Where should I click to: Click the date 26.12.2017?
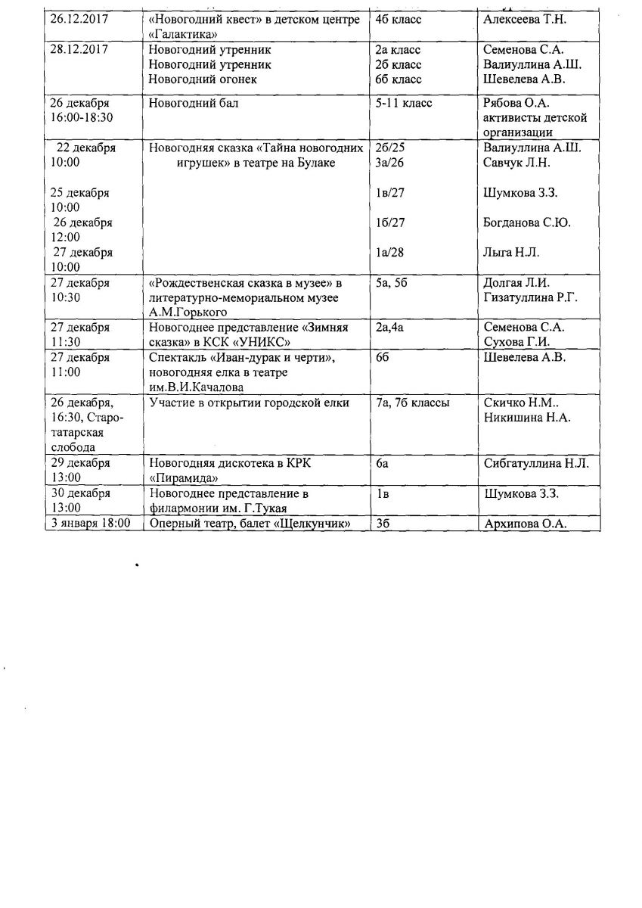coord(79,20)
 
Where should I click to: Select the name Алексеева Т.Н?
coord(524,20)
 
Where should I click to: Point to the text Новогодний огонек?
coord(202,79)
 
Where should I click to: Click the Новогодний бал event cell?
coord(193,103)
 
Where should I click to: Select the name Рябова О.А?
coord(514,103)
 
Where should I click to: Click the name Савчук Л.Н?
coord(516,163)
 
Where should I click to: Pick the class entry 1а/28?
coord(389,252)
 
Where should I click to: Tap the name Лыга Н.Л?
coord(510,252)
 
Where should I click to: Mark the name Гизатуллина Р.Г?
coord(529,297)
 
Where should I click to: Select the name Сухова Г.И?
coord(513,342)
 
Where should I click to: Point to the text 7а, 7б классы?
coord(412,403)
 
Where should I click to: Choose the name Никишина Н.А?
coord(526,417)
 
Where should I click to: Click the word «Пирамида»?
coord(184,478)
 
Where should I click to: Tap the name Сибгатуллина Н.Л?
coord(535,463)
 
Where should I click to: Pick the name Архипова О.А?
coord(525,523)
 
